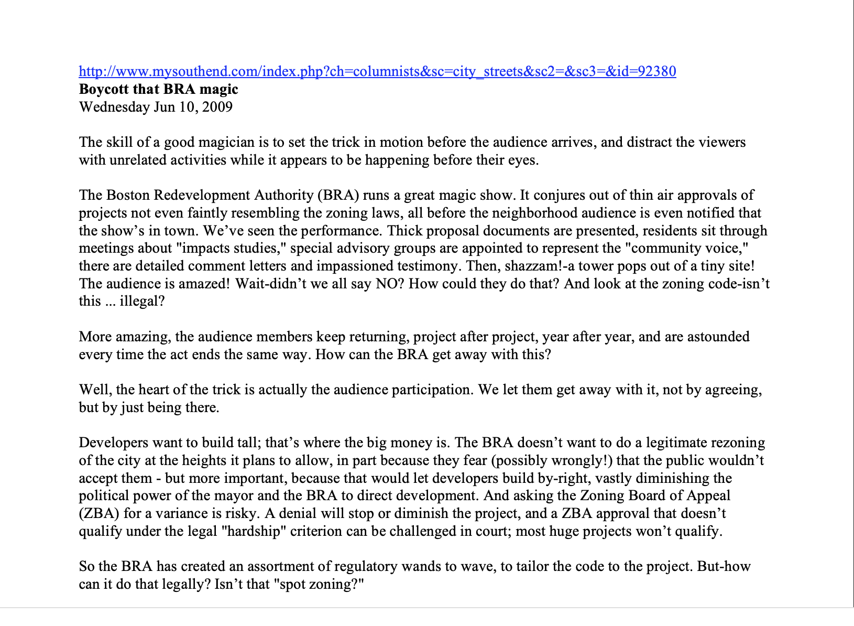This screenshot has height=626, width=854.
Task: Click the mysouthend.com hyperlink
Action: pos(377,71)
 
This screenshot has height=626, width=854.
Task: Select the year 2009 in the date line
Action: pos(217,107)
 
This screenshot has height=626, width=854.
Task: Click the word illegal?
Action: pos(142,301)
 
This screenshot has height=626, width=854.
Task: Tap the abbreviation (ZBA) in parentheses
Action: pos(99,513)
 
